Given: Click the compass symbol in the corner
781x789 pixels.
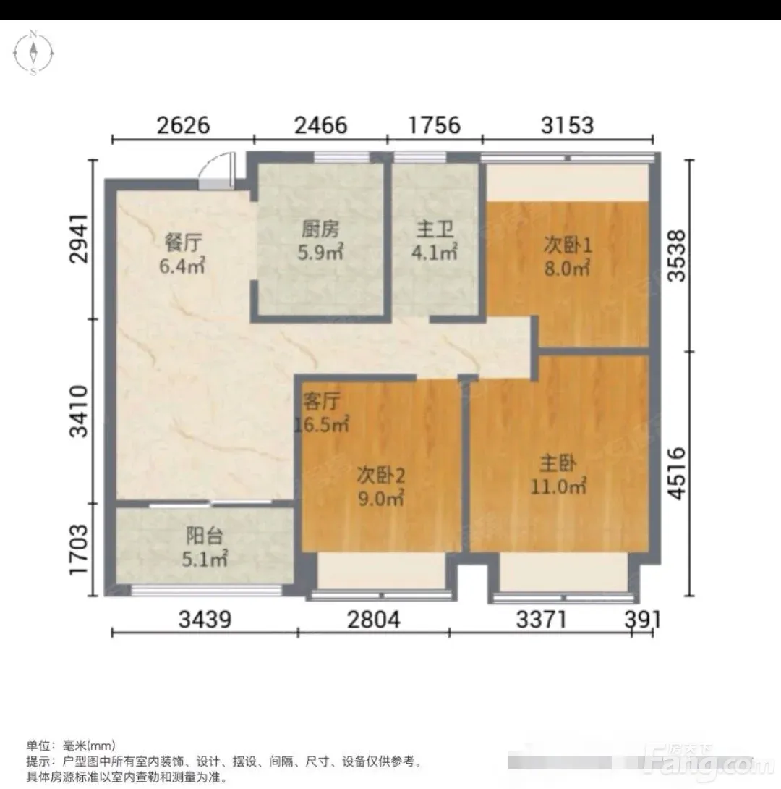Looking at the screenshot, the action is [33, 52].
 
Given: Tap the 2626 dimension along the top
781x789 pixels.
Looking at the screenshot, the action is [183, 125].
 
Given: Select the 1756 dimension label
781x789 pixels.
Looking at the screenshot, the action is [434, 125].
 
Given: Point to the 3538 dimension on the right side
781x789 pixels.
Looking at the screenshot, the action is [677, 255].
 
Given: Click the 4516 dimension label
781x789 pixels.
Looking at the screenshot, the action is [677, 473].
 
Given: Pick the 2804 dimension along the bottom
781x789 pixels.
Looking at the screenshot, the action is [373, 620].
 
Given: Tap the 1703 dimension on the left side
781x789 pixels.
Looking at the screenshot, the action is [79, 549].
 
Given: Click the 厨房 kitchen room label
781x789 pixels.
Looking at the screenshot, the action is [320, 229].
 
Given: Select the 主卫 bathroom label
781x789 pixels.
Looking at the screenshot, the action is [435, 229].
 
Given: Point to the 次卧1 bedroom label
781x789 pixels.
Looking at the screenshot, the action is [568, 245].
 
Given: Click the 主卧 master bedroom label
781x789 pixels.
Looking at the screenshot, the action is [558, 463].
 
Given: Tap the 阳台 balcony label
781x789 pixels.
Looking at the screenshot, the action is [205, 536].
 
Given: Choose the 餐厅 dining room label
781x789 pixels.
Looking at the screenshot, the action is [183, 243].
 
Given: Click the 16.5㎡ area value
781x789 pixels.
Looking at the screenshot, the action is [322, 425].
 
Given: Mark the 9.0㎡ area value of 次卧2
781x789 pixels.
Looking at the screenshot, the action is [380, 498].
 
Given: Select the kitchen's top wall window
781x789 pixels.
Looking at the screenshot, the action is [341, 157].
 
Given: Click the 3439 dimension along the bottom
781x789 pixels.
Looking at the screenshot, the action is [205, 620].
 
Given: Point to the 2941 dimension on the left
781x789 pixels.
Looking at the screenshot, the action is [79, 239].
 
